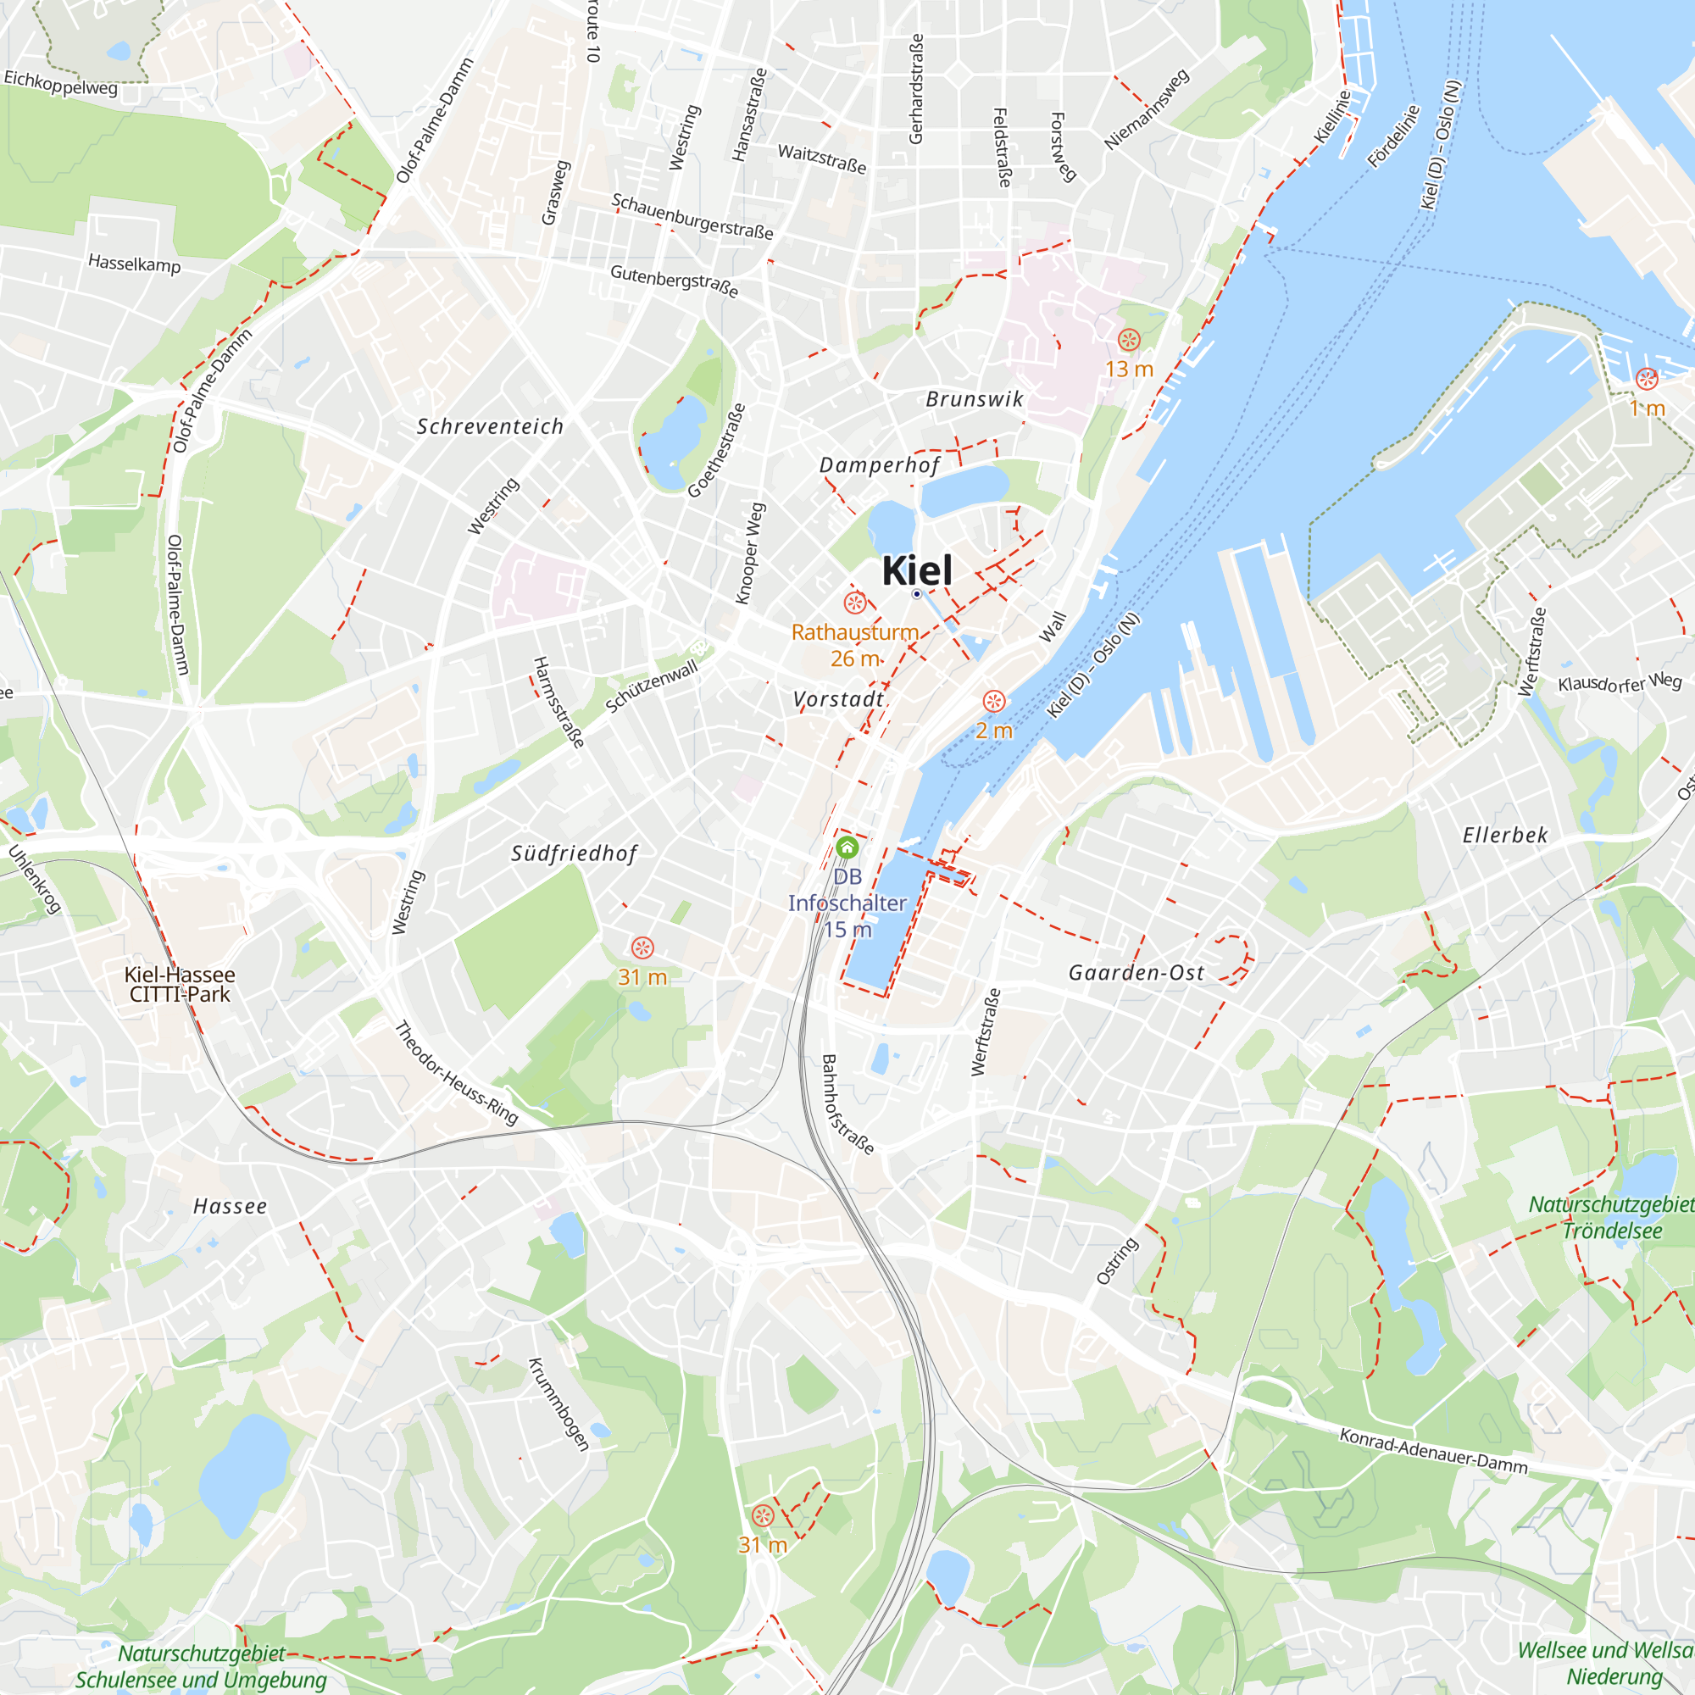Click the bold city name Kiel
[916, 570]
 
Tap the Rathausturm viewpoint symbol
[854, 603]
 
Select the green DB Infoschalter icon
[847, 847]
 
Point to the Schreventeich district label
[490, 427]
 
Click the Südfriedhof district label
[574, 853]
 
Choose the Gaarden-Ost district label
[1136, 973]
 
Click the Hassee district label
[230, 1207]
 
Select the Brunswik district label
[975, 400]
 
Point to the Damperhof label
[879, 465]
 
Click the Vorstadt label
[838, 699]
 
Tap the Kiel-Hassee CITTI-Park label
[180, 984]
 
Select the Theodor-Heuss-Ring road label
[456, 1073]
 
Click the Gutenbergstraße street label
[674, 281]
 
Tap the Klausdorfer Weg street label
[1620, 681]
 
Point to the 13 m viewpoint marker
[1129, 340]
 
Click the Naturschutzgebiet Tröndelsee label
[1613, 1218]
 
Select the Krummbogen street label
[558, 1403]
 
